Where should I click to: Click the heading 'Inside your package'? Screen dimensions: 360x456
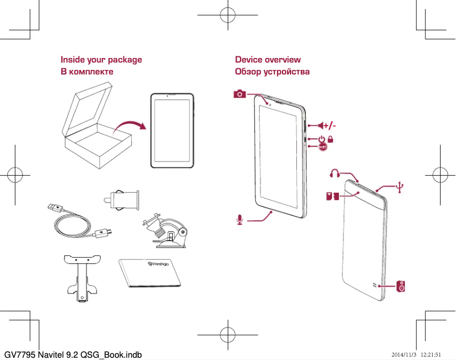101,60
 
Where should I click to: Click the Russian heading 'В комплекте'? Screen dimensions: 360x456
87,72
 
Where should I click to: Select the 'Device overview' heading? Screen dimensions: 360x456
268,60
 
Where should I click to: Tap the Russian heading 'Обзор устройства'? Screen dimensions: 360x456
272,72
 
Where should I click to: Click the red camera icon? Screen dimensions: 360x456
239,94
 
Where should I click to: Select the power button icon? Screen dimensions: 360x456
322,138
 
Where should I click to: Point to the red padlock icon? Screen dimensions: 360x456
330,138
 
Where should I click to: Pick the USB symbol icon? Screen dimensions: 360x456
401,186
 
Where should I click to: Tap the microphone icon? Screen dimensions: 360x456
241,220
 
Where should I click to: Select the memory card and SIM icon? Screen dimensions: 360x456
333,197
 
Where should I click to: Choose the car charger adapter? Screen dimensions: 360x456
123,199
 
